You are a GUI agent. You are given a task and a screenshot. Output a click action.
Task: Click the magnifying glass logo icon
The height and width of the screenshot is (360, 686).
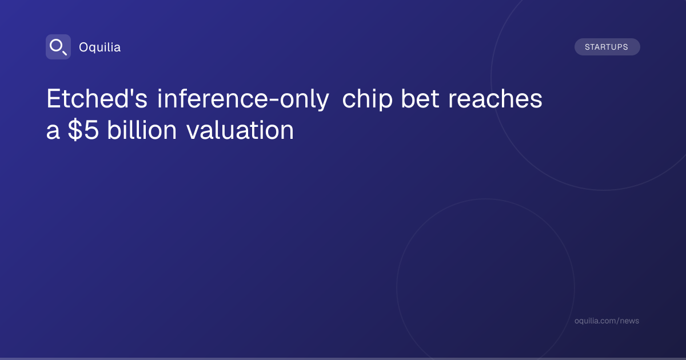pyautogui.click(x=58, y=47)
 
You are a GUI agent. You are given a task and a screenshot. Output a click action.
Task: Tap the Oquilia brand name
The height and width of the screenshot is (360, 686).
pyautogui.click(x=100, y=47)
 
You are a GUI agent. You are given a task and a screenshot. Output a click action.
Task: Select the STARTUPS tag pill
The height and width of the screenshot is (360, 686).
pyautogui.click(x=607, y=47)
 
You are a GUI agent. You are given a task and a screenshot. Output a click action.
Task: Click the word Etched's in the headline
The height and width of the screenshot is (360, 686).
pyautogui.click(x=97, y=98)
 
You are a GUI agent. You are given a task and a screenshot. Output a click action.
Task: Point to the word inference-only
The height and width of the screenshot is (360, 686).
pyautogui.click(x=243, y=98)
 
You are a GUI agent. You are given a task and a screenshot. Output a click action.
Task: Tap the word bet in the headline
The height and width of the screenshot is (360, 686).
pyautogui.click(x=420, y=98)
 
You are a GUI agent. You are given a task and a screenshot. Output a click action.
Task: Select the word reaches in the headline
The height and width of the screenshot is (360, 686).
pyautogui.click(x=495, y=98)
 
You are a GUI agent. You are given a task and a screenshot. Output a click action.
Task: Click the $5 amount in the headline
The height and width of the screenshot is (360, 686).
pyautogui.click(x=83, y=130)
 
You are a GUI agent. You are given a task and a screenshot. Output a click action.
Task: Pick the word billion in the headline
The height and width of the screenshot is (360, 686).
pyautogui.click(x=142, y=130)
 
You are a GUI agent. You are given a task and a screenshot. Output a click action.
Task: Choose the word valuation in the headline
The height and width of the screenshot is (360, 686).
pyautogui.click(x=240, y=130)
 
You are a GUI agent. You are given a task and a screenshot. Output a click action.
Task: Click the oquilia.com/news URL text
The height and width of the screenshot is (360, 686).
pyautogui.click(x=607, y=321)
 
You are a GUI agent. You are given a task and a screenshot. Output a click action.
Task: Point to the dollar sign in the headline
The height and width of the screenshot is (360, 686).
pyautogui.click(x=75, y=130)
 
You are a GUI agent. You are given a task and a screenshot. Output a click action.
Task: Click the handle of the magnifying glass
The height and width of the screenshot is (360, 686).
pyautogui.click(x=65, y=53)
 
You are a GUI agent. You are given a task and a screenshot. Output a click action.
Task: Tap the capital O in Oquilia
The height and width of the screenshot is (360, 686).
pyautogui.click(x=83, y=47)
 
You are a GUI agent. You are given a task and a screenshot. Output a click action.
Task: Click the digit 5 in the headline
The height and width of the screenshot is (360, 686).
pyautogui.click(x=91, y=130)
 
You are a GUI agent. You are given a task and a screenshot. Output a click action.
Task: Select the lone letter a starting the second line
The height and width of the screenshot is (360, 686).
pyautogui.click(x=53, y=132)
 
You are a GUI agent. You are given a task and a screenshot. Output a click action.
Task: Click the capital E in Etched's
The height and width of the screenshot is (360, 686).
pyautogui.click(x=53, y=98)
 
